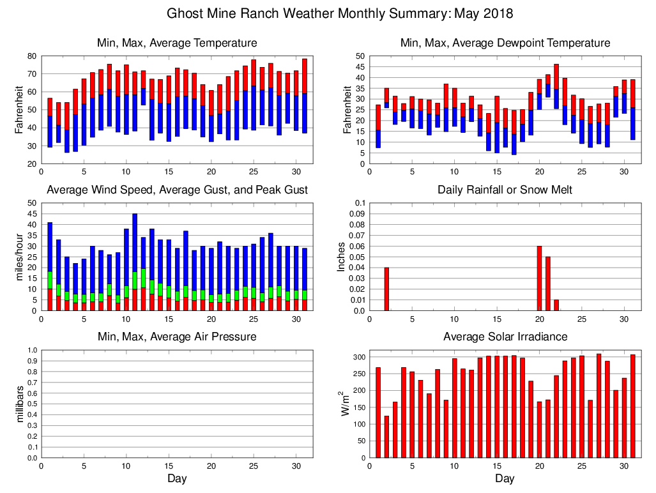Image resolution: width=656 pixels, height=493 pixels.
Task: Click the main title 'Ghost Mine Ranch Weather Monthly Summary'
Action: point(340,13)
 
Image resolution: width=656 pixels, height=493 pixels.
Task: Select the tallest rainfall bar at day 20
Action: point(539,278)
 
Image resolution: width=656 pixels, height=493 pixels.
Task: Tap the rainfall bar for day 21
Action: point(547,284)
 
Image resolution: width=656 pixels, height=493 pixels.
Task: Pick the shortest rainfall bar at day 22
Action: point(556,305)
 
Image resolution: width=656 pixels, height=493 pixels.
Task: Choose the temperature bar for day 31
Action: point(304,96)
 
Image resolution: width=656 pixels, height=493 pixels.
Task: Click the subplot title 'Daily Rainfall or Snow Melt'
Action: point(505,190)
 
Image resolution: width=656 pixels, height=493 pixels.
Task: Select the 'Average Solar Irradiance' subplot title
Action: point(505,337)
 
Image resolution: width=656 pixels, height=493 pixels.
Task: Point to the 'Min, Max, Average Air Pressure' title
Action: point(177,337)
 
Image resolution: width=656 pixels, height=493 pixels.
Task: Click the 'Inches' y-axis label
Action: point(341,257)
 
